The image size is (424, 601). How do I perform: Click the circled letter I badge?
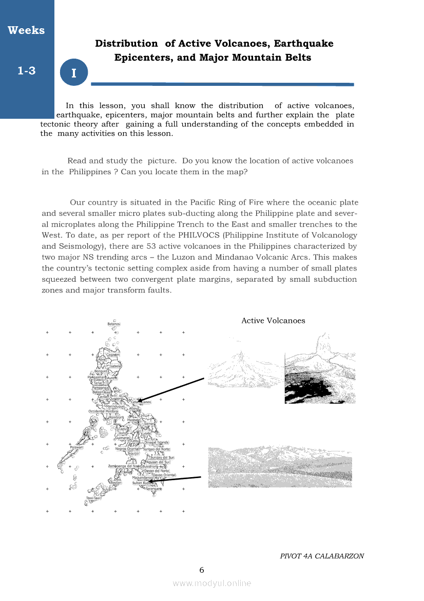click(74, 72)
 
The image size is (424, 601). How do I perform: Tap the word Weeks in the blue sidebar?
click(26, 30)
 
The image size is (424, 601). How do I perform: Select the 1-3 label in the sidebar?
click(26, 71)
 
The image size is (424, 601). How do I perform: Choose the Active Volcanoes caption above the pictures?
click(273, 321)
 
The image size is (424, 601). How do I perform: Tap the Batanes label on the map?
click(114, 324)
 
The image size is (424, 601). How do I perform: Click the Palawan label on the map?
click(76, 447)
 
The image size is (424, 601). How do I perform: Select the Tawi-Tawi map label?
click(94, 498)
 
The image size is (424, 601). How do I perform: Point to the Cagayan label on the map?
click(113, 355)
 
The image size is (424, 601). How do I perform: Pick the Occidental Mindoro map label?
click(103, 411)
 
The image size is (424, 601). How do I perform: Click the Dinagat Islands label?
click(157, 442)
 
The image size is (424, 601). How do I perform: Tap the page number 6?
click(202, 570)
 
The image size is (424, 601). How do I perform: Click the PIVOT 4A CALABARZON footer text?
click(322, 556)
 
